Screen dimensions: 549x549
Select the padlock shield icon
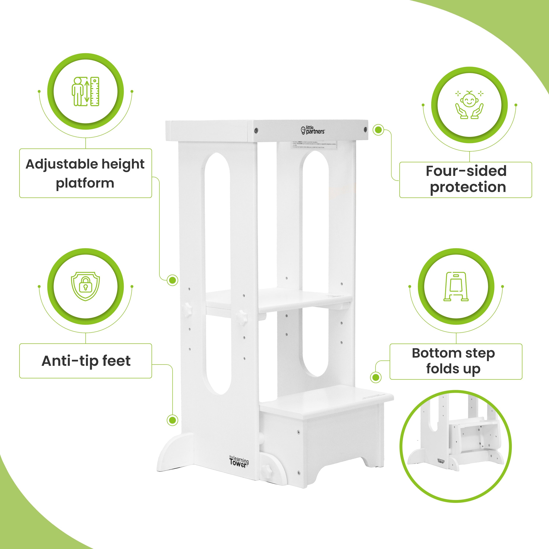[x=85, y=286]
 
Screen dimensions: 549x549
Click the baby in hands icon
[x=469, y=105]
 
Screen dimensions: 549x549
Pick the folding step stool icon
[x=456, y=286]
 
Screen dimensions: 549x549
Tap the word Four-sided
[x=466, y=171]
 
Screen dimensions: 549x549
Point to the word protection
[x=468, y=187]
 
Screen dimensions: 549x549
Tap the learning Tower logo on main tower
[x=239, y=462]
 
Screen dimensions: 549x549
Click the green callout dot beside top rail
[x=378, y=130]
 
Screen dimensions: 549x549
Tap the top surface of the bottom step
[x=327, y=404]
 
